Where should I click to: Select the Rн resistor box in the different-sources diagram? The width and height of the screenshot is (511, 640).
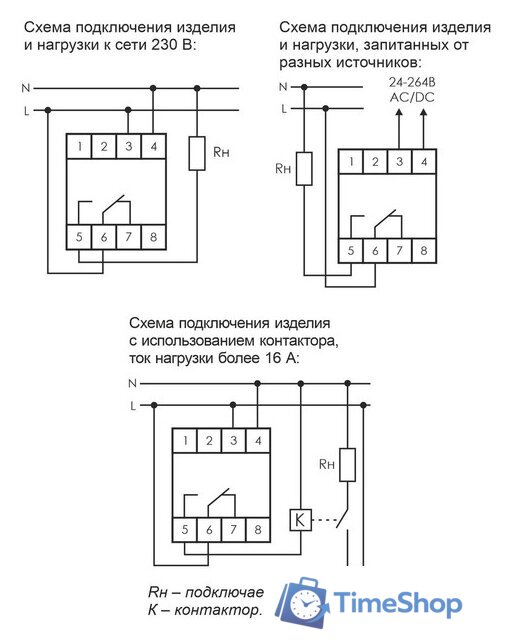click(306, 170)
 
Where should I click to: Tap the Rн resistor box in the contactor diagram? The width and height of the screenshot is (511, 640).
click(346, 464)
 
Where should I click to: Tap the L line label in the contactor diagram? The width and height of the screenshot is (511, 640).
click(132, 406)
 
